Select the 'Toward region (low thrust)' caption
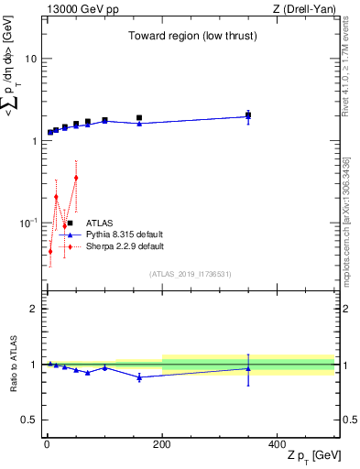(191, 37)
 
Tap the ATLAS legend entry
(100, 223)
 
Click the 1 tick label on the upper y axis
(34, 141)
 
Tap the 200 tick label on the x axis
(162, 444)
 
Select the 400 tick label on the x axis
(278, 444)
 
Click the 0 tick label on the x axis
(46, 444)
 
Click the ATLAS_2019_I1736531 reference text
(191, 274)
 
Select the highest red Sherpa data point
(76, 177)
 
